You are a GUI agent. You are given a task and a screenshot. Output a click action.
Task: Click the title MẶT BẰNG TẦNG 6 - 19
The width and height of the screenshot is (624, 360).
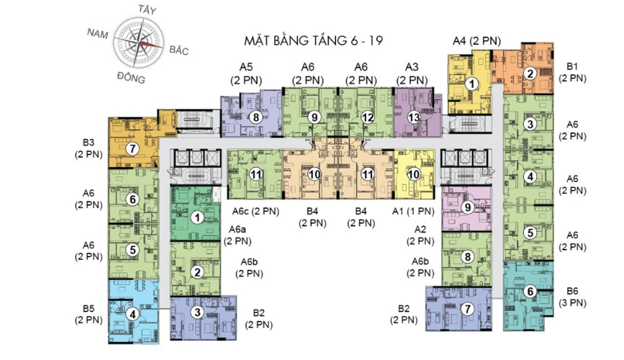click(x=313, y=40)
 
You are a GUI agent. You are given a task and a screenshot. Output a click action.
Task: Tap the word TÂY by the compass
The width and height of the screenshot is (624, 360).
click(x=146, y=9)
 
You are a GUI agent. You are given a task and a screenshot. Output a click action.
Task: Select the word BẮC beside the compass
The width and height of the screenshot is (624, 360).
click(x=178, y=50)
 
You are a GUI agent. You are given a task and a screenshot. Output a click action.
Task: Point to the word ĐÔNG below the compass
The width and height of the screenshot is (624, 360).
click(x=131, y=78)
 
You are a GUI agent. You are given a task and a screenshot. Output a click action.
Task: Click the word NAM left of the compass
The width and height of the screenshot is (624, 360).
click(x=97, y=33)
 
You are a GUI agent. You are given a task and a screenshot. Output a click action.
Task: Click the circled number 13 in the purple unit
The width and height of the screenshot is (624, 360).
click(x=414, y=117)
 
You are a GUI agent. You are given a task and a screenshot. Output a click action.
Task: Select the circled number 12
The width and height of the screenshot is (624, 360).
click(x=368, y=117)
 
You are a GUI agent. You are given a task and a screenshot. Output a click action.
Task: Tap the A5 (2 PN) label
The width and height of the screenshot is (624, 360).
click(x=246, y=73)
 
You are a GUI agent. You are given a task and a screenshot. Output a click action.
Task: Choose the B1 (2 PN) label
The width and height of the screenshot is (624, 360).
click(x=572, y=72)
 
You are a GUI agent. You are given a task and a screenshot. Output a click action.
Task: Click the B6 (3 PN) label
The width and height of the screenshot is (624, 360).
click(x=572, y=297)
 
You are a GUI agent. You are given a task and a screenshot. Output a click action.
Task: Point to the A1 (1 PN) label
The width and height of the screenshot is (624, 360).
click(x=413, y=211)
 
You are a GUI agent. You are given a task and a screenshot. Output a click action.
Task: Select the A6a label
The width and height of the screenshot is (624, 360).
click(x=238, y=230)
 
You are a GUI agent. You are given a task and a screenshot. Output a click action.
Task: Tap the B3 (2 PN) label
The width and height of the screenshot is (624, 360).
click(x=89, y=148)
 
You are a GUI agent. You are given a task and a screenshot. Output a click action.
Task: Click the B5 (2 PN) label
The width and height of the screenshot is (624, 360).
click(x=89, y=314)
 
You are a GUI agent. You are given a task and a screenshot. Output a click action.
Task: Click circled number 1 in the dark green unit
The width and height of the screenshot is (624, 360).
click(x=196, y=217)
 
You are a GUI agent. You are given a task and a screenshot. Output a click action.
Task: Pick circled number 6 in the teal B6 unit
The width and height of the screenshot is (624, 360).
click(x=530, y=292)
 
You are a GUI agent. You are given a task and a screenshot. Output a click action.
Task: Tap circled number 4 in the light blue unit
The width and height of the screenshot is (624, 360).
click(x=132, y=315)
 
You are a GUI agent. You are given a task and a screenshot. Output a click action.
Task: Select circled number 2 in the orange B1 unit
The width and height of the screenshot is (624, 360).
click(x=530, y=73)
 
